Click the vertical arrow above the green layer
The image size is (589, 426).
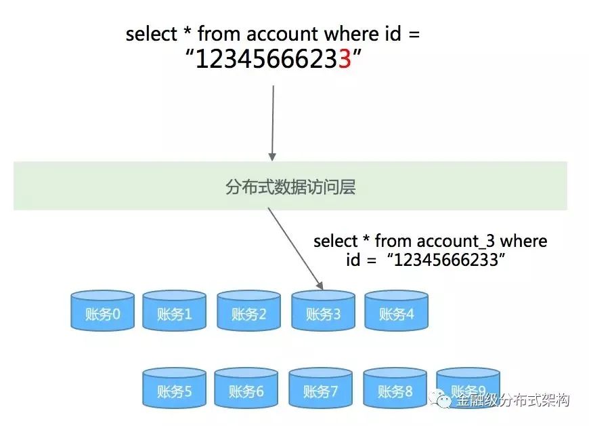pos(272,122)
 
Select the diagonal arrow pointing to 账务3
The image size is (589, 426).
pos(295,247)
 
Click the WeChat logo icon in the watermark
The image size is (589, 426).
pos(444,400)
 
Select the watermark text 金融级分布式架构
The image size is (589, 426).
pos(512,400)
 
